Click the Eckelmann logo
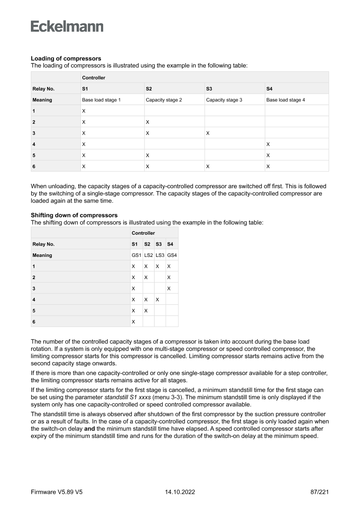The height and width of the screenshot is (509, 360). point(67,27)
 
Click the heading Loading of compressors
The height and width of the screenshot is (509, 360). point(66,58)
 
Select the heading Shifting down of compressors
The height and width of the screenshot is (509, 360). point(74,215)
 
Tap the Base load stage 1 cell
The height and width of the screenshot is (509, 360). point(101,100)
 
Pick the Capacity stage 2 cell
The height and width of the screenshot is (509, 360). point(164,100)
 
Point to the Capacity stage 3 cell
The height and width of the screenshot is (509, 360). point(224,100)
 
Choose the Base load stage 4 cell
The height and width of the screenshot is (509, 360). point(286,100)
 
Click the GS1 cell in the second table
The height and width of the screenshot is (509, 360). point(137,255)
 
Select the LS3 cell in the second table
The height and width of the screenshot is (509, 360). point(160,255)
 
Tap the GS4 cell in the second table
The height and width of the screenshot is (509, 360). point(172,255)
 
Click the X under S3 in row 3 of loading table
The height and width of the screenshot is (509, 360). point(208,133)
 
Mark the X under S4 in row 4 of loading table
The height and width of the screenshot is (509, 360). point(268,144)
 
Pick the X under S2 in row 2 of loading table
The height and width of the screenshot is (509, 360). point(148,122)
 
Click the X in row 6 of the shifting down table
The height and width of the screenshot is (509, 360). point(133,321)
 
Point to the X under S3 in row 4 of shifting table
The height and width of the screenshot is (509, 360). point(157,299)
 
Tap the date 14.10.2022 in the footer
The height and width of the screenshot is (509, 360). point(180,492)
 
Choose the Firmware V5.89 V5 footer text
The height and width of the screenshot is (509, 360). point(57,492)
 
